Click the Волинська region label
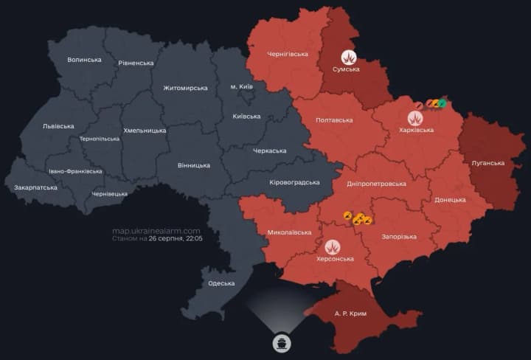(84, 60)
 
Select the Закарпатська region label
(35, 187)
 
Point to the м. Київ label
(241, 87)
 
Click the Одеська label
(221, 283)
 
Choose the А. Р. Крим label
(350, 314)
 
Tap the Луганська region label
(487, 163)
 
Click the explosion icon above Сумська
(349, 57)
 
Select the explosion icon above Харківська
(416, 117)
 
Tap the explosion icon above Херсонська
(332, 246)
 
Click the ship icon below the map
(282, 344)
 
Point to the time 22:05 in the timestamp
(192, 239)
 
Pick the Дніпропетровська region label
(376, 183)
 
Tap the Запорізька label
(398, 237)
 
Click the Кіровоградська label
(294, 182)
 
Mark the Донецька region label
(450, 200)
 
